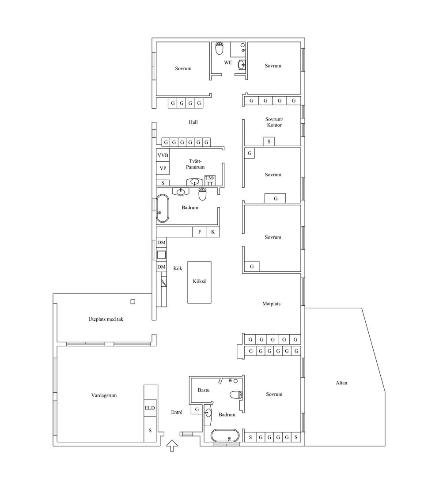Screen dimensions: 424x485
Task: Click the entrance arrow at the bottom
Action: (x=172, y=446)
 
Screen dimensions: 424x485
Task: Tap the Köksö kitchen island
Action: (x=200, y=282)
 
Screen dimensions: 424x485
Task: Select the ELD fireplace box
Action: (x=150, y=408)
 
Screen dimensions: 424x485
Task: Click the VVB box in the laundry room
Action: (x=163, y=155)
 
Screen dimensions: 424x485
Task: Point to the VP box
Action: (x=163, y=168)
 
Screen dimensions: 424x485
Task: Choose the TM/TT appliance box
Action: (x=210, y=181)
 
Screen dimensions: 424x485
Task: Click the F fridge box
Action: (x=200, y=232)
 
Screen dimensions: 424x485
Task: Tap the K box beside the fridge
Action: (x=213, y=232)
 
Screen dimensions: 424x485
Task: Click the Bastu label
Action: (x=204, y=390)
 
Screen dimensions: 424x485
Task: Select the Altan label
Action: (x=341, y=383)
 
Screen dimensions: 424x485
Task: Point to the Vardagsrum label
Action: (x=104, y=395)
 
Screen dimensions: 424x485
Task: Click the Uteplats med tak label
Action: (x=106, y=319)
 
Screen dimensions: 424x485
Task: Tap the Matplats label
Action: (x=271, y=304)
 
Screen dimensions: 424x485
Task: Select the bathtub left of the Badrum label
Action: (x=163, y=208)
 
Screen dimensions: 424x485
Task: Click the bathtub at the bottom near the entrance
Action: (x=225, y=436)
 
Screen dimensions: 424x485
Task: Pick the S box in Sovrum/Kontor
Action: (x=269, y=141)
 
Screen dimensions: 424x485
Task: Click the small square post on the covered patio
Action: (x=132, y=302)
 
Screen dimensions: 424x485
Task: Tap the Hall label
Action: (x=193, y=122)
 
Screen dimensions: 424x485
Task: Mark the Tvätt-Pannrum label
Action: (x=195, y=164)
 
